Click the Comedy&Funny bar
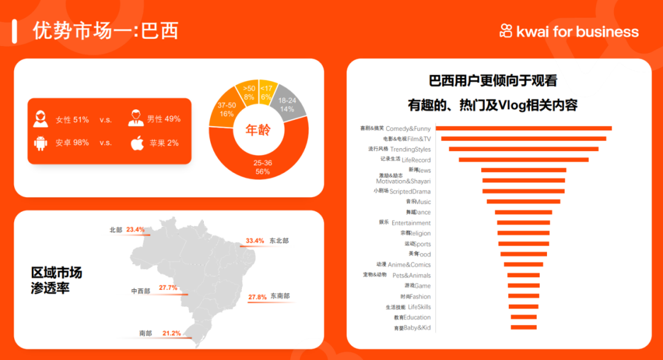pyautogui.click(x=524, y=128)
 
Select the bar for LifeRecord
pyautogui.click(x=524, y=160)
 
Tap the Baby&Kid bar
pyautogui.click(x=524, y=327)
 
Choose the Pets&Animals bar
pyautogui.click(x=524, y=275)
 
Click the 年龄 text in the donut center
pyautogui.click(x=258, y=130)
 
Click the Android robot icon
pyautogui.click(x=41, y=143)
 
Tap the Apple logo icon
pyautogui.click(x=137, y=143)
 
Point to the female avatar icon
pyautogui.click(x=41, y=119)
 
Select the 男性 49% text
pyautogui.click(x=164, y=119)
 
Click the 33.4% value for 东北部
pyautogui.click(x=255, y=241)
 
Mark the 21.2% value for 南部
pyautogui.click(x=172, y=334)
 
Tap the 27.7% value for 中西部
pyautogui.click(x=168, y=288)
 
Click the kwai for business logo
pyautogui.click(x=569, y=31)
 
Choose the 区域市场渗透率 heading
pyautogui.click(x=56, y=280)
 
